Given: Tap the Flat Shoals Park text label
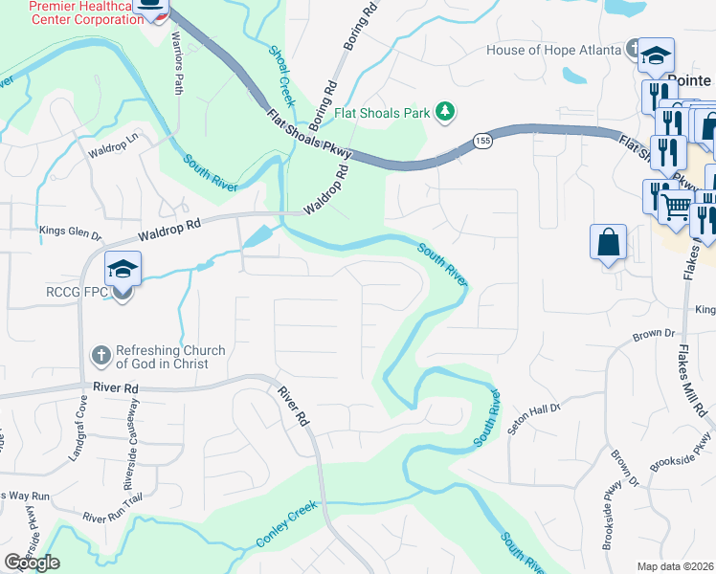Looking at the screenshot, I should pyautogui.click(x=382, y=114).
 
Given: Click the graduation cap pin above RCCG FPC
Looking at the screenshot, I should pyautogui.click(x=123, y=269).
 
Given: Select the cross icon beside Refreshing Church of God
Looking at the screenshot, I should pyautogui.click(x=102, y=356).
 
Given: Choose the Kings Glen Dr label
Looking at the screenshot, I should pyautogui.click(x=70, y=232).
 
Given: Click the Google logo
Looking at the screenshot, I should pyautogui.click(x=32, y=563).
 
